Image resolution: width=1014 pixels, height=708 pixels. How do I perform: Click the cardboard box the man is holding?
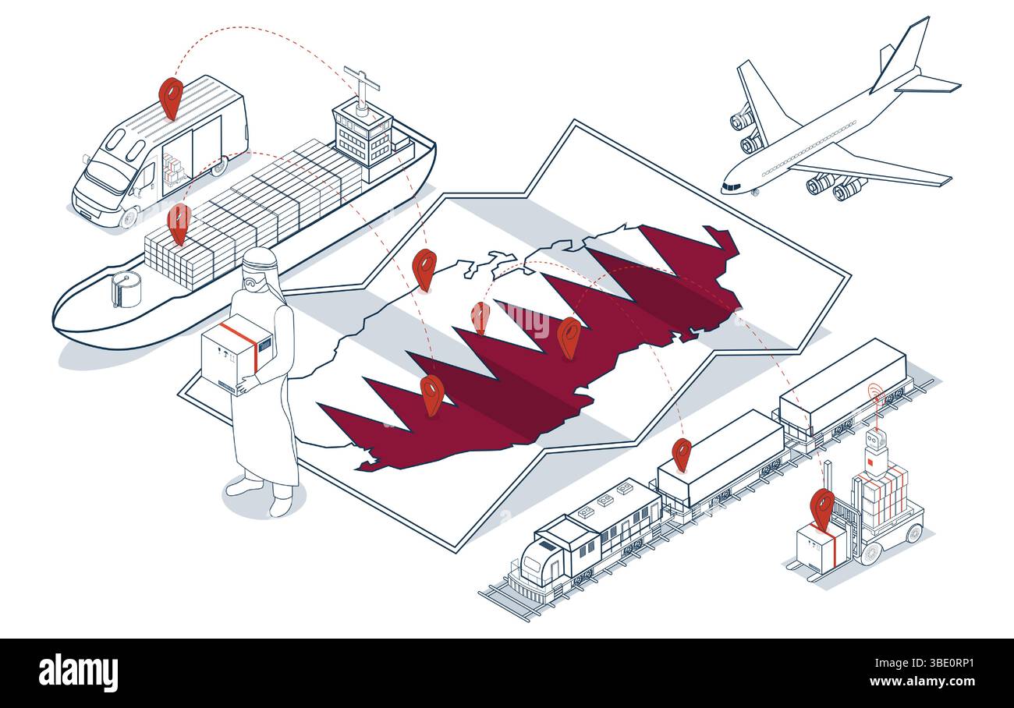[x=237, y=355]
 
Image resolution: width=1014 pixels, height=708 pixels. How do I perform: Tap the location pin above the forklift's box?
[x=822, y=509]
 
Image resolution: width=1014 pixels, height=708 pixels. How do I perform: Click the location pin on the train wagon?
[x=682, y=455]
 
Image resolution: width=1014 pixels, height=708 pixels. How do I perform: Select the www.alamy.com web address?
[x=922, y=681]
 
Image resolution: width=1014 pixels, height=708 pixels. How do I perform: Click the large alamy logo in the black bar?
[x=78, y=673]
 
